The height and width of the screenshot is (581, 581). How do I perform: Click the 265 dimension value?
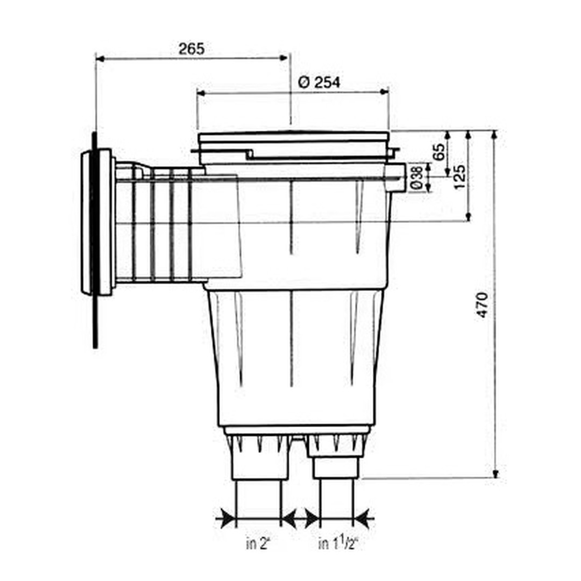192,49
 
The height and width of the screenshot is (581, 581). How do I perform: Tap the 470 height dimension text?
483,304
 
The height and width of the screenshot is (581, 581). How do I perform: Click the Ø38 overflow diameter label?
416,177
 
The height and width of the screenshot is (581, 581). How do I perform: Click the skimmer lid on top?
293,138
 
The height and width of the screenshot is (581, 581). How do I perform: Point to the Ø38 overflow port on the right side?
396,178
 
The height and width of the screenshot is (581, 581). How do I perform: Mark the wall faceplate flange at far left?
97,222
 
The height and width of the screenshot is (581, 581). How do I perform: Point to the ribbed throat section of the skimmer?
161,225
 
